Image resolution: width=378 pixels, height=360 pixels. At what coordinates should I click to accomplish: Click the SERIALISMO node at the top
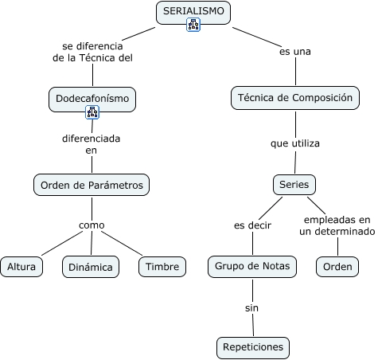click(194, 11)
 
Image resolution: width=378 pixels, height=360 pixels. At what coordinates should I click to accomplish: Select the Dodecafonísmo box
click(92, 99)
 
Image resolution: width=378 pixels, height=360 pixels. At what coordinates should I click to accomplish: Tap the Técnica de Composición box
click(295, 99)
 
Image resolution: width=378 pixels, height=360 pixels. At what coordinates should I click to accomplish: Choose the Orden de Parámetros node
click(92, 185)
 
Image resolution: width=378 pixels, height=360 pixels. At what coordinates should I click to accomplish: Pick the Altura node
click(21, 267)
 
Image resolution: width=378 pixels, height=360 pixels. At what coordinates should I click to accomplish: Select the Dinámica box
click(91, 267)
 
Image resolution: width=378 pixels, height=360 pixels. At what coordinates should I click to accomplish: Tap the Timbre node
click(162, 267)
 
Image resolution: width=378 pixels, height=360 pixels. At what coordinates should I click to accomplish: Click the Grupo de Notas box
click(252, 266)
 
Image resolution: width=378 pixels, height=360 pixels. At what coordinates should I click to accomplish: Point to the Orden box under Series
click(337, 267)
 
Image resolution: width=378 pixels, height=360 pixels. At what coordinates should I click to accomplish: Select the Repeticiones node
click(252, 348)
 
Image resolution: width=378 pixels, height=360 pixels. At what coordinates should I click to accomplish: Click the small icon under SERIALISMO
click(194, 25)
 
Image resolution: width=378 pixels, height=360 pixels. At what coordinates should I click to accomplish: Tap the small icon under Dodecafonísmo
click(92, 113)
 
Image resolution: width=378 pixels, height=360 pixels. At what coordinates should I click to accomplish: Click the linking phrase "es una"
click(294, 52)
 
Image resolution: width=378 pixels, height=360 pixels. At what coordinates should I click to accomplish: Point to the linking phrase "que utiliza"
click(294, 143)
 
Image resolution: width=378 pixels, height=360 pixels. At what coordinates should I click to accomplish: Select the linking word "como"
click(92, 225)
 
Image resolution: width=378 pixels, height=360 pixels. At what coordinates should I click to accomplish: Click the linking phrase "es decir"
click(252, 225)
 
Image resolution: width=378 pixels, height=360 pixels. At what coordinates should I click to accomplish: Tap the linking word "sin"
click(252, 307)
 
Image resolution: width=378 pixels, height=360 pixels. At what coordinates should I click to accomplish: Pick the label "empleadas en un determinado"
click(337, 225)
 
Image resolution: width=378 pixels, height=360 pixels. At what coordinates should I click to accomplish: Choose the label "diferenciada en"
click(92, 143)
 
